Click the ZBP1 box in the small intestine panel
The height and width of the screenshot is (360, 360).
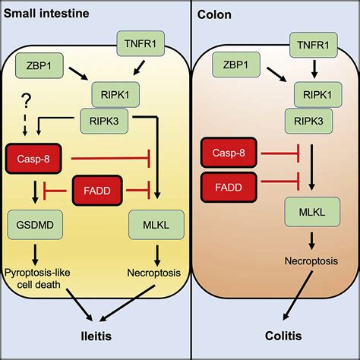[39, 65]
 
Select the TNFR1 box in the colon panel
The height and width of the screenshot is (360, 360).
[314, 45]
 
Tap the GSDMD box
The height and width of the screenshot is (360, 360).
[35, 225]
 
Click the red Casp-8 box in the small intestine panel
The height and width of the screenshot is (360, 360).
[33, 159]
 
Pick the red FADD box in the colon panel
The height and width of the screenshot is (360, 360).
[229, 188]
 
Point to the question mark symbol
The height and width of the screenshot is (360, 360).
[27, 101]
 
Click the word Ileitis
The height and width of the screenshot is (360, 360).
[96, 336]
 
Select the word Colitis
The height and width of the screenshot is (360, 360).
[283, 336]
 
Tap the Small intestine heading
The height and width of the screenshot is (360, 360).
[46, 13]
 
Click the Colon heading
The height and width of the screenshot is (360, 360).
[214, 14]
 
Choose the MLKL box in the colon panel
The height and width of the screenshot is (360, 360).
[312, 212]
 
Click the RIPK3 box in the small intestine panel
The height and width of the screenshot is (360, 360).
[104, 121]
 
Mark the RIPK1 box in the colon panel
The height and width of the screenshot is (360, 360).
[317, 95]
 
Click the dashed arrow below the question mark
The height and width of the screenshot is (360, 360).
[25, 124]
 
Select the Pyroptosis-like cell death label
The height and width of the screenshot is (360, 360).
[37, 279]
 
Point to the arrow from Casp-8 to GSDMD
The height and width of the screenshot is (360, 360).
[36, 192]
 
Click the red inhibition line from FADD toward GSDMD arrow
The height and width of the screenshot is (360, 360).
[55, 191]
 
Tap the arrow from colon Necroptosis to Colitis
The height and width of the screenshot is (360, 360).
[298, 295]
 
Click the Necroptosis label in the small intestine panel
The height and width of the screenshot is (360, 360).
[154, 273]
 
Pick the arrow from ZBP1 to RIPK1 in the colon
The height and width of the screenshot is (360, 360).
[276, 74]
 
